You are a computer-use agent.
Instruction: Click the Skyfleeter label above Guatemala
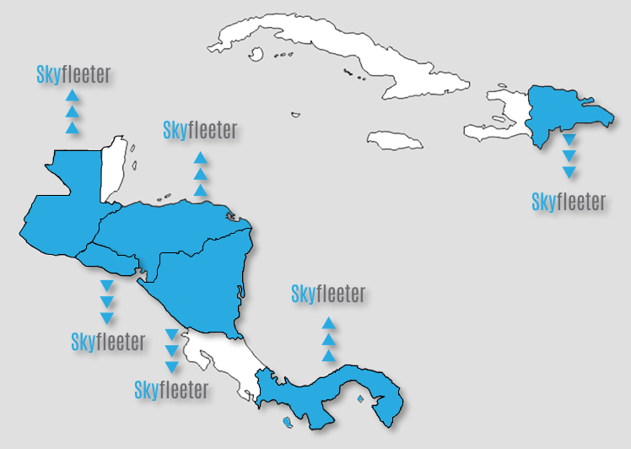pyautogui.click(x=73, y=74)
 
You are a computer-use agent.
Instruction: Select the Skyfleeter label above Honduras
pyautogui.click(x=200, y=130)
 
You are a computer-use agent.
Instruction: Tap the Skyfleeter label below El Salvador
pyautogui.click(x=108, y=342)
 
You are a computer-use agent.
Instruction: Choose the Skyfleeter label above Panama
pyautogui.click(x=328, y=294)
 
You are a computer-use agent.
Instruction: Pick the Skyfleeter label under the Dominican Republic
pyautogui.click(x=569, y=202)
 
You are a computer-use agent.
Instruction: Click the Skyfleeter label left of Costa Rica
pyautogui.click(x=171, y=390)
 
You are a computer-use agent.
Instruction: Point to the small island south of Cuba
pyautogui.click(x=295, y=115)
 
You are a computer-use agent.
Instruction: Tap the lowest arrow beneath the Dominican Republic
pyautogui.click(x=569, y=172)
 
